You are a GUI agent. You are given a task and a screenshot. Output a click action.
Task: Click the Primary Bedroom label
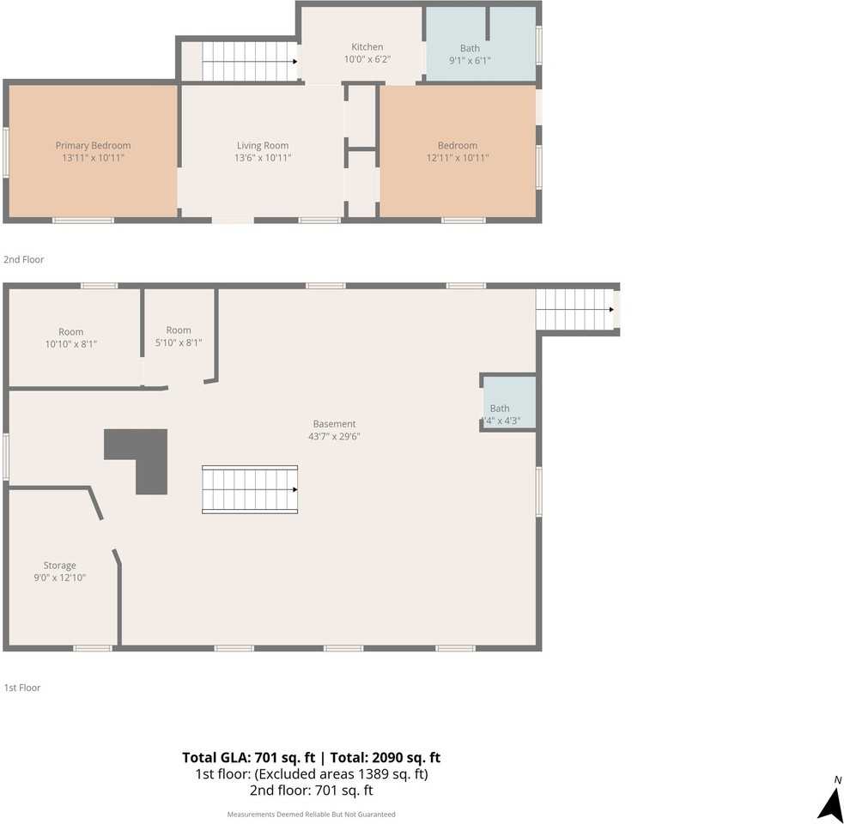tap(93, 145)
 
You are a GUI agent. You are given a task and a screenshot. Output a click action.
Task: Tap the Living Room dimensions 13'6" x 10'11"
tap(263, 158)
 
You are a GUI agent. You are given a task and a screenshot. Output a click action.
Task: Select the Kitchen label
tap(367, 47)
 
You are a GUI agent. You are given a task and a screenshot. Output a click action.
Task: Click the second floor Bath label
tap(470, 48)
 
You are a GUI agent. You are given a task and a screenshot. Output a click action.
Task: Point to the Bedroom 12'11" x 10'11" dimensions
tap(458, 158)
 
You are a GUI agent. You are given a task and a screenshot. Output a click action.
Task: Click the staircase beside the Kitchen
tap(250, 61)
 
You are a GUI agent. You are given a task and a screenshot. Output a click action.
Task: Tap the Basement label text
tap(334, 423)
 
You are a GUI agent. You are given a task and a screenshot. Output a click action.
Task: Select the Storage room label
tap(60, 565)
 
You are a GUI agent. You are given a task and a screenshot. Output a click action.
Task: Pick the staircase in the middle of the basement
tap(250, 489)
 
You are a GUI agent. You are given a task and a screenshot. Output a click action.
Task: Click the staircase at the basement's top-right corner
tap(575, 310)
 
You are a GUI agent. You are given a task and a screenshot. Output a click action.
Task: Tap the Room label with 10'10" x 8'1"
tap(71, 331)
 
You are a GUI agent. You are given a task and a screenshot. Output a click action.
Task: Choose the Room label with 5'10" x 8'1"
tap(179, 330)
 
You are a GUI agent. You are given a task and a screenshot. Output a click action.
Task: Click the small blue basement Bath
tap(509, 402)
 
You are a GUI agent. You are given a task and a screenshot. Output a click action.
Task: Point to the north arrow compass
tap(832, 801)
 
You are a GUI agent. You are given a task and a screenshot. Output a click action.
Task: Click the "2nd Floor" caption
tap(24, 259)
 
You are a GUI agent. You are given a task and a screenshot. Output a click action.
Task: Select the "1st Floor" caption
tap(22, 688)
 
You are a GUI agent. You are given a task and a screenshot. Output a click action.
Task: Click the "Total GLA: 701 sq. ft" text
tap(249, 757)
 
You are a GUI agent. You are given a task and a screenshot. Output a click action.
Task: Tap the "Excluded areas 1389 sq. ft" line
tap(341, 774)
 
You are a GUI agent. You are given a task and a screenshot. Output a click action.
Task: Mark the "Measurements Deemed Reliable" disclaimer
tap(311, 815)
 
